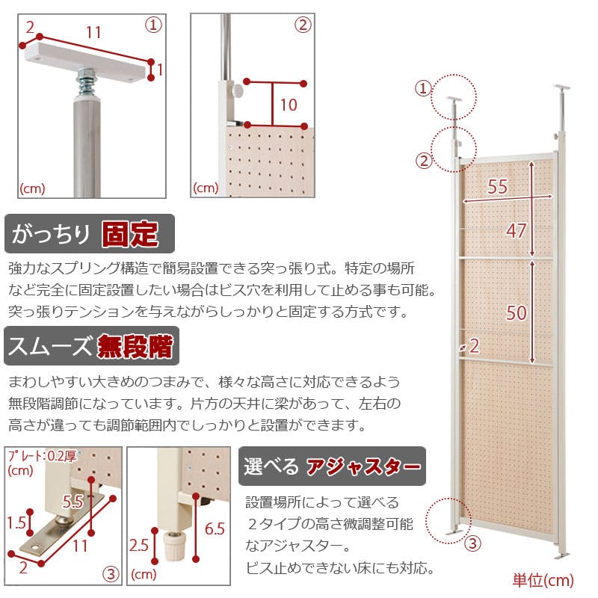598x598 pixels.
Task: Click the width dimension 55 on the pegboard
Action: coord(497,186)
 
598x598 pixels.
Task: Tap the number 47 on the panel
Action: coord(517,231)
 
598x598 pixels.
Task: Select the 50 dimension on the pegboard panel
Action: coord(517,312)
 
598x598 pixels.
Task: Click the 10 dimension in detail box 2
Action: coord(289,105)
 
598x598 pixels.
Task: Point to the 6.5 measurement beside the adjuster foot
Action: coord(215,529)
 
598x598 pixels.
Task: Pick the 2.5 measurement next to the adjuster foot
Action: coord(139,546)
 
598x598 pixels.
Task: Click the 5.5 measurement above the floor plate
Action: coord(73,502)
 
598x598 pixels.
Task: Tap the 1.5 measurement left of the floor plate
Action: coord(16,523)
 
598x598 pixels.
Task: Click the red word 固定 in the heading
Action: coord(130,234)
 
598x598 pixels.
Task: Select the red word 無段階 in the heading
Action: coord(135,346)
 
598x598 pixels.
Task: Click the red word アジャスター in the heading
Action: coord(363,466)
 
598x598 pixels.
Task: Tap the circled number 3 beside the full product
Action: coord(472,543)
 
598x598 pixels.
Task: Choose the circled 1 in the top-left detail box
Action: coord(153,25)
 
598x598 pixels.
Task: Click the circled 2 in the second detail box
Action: coord(303,25)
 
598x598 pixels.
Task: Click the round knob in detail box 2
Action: coord(238,90)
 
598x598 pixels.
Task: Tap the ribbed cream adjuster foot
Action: coord(174,546)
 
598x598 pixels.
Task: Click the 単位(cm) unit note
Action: coord(543,580)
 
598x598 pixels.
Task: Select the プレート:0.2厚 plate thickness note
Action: coord(43,456)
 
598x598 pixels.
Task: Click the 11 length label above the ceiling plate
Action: coord(94,32)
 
